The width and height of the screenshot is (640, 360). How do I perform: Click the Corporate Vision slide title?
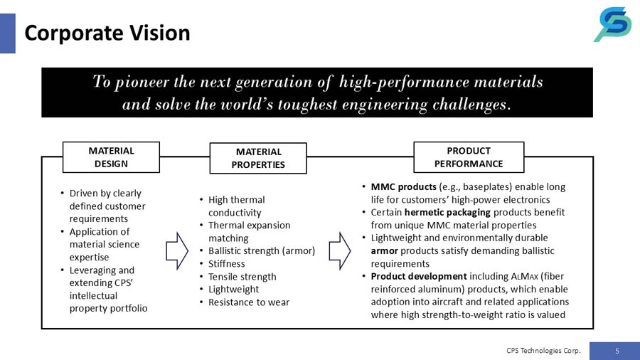[x=107, y=33]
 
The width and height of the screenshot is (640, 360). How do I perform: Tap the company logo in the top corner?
[x=612, y=25]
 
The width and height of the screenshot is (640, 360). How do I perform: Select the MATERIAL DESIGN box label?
[x=111, y=157]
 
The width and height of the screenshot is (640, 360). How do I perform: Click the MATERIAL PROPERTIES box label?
[x=258, y=158]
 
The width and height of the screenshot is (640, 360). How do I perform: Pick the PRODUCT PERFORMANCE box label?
[x=469, y=157]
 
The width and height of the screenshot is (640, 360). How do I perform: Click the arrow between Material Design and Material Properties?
[x=176, y=250]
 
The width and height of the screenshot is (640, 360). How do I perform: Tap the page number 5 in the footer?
[x=617, y=351]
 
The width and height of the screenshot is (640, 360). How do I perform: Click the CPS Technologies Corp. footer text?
[x=544, y=351]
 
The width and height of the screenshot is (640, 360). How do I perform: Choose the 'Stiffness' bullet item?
[x=226, y=264]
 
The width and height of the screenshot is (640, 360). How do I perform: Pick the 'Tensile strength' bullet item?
[x=242, y=277]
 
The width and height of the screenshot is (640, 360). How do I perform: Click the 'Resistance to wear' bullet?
[x=248, y=302]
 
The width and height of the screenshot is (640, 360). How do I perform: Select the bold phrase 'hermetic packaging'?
[x=447, y=213]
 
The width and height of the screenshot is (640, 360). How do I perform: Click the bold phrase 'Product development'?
[x=419, y=277]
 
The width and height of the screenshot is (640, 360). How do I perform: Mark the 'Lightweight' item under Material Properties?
[x=233, y=290]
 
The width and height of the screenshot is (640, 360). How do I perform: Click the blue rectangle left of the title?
[x=8, y=33]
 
